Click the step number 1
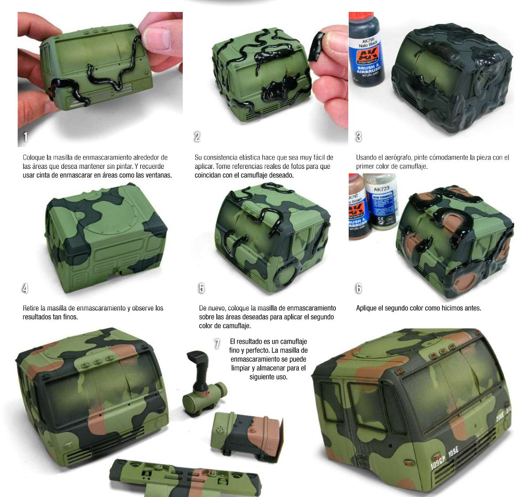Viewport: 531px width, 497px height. [25, 137]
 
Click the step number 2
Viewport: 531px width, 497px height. [197, 137]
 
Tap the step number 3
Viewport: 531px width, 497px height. [358, 137]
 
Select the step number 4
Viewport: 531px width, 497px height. [25, 288]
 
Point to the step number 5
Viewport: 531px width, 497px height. [201, 288]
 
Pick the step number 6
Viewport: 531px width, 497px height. [358, 288]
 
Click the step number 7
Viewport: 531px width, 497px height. [217, 344]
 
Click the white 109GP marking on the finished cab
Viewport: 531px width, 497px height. [438, 462]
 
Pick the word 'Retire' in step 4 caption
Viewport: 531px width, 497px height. [31, 308]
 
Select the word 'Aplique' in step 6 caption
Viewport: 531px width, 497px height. [367, 308]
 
